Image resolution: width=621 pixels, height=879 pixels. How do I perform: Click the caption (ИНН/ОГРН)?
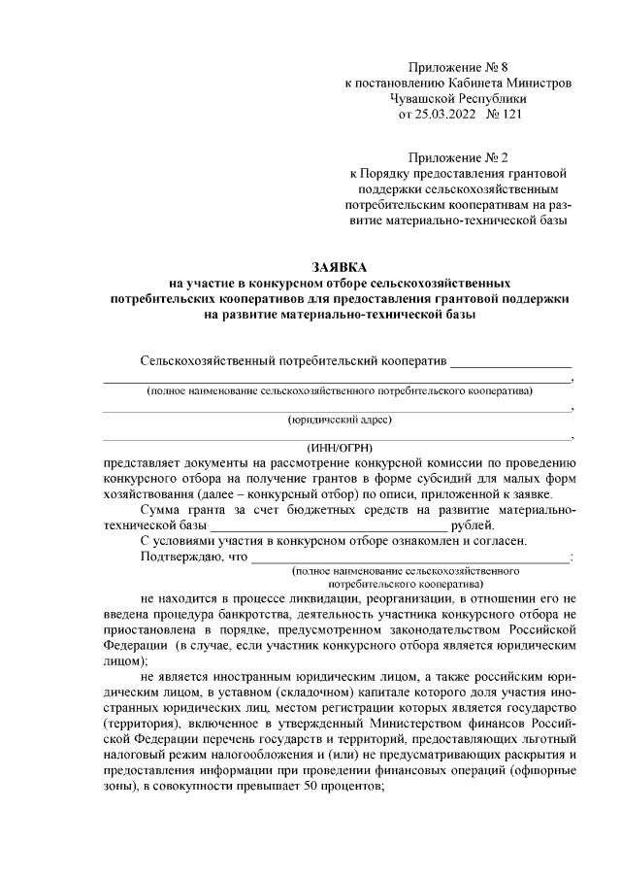(341, 448)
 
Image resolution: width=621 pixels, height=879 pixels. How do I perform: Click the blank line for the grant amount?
(327, 524)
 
